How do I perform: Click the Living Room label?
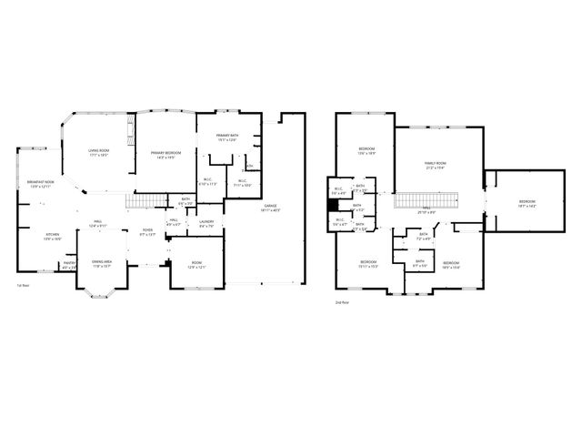tap(98, 150)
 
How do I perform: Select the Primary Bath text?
tap(226, 135)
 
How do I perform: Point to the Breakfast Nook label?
tap(41, 182)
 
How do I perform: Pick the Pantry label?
tap(68, 263)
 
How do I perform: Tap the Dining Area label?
tap(102, 261)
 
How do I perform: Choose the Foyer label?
tap(147, 229)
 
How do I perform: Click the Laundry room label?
tap(206, 221)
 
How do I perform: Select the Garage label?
tap(270, 206)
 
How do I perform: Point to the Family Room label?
tap(436, 163)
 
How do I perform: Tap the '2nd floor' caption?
tap(342, 301)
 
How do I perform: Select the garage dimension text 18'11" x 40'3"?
tap(270, 210)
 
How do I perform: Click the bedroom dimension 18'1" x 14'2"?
tap(527, 206)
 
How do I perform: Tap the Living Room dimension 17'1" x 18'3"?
tap(98, 156)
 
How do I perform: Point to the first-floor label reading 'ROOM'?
tap(197, 262)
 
